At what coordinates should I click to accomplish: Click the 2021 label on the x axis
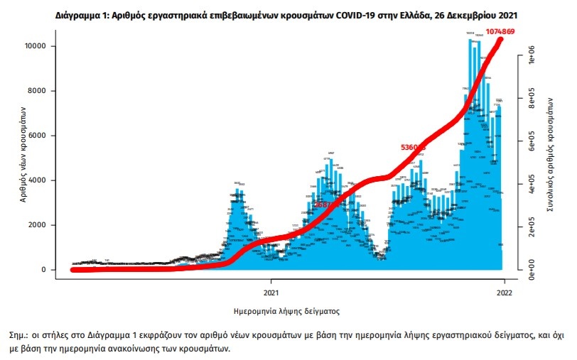coord(271,291)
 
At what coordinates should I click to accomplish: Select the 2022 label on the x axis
coord(504,291)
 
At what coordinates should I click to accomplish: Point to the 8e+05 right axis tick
coord(529,101)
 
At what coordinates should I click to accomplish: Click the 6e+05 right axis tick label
coord(529,143)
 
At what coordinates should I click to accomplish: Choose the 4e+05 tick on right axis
coord(529,185)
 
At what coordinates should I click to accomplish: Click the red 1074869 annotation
coord(505,32)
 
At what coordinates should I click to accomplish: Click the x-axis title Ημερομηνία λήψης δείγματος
coord(287,311)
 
